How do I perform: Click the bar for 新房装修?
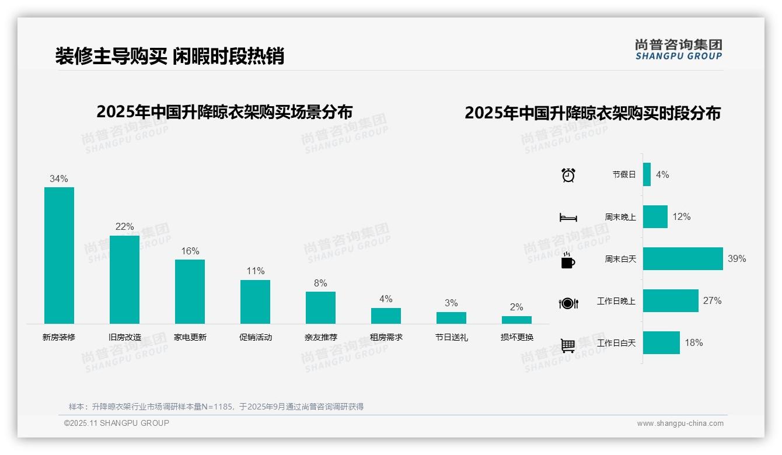coord(59,255)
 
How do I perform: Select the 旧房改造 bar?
coord(124,279)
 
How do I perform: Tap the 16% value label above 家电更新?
coord(190,251)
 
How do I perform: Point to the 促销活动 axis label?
coord(255,337)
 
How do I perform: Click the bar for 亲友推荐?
coord(320,307)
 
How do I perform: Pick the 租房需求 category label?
coord(386,337)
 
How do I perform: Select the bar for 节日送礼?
coord(451,318)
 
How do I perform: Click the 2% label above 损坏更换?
coord(516,307)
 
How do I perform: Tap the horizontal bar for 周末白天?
coord(683,258)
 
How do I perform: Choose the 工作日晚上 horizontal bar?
coord(671,300)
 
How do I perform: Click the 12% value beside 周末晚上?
coord(681,216)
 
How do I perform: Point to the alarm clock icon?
coord(568,175)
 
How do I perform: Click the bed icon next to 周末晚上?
coord(568,218)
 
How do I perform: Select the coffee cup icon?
coord(568,261)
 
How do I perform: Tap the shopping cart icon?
coord(568,345)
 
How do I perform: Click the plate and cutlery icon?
coord(568,303)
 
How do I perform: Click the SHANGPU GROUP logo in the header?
coord(678,49)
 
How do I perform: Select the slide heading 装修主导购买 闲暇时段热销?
coord(169,56)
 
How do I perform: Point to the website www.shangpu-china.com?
coord(680,423)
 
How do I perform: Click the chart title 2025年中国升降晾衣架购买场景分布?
coord(225,111)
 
